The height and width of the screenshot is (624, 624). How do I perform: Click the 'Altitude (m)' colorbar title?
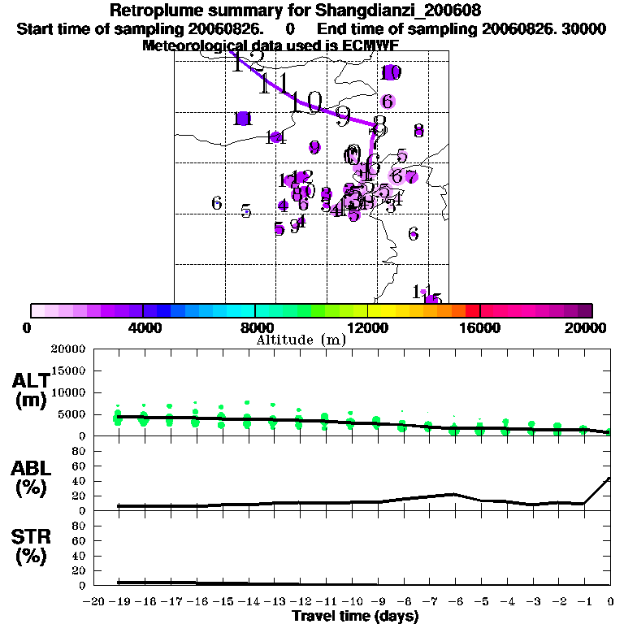point(301,339)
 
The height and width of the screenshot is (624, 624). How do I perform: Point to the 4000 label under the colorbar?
point(143,327)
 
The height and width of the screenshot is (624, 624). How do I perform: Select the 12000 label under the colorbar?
point(368,327)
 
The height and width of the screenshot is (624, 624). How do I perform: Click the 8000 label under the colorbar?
point(255,327)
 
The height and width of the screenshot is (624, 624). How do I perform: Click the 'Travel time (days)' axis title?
point(355,616)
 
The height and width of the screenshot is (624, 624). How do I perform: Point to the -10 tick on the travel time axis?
point(353,601)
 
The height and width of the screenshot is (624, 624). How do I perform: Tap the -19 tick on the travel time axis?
point(120,601)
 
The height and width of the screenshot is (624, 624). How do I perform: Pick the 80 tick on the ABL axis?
point(80,450)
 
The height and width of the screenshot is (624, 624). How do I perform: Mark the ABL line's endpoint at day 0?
point(610,478)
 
